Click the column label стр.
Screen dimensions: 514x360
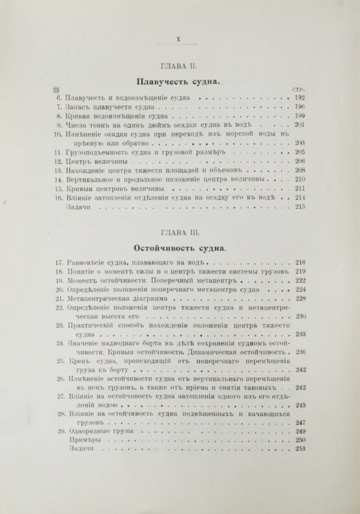(299, 89)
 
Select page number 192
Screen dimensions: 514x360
(299, 97)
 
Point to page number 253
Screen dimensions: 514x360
(300, 449)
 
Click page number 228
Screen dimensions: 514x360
(300, 299)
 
